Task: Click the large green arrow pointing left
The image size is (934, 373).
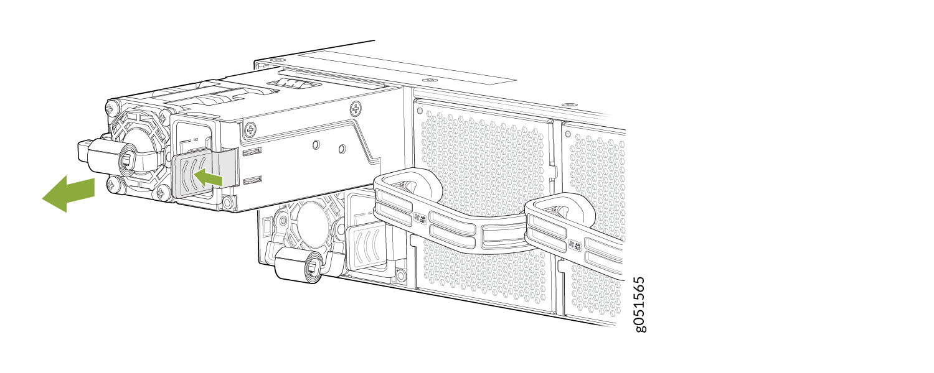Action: pos(67,193)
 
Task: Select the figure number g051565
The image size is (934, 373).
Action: pos(639,304)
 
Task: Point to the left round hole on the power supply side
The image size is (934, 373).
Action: pos(316,145)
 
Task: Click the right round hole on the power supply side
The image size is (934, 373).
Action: pos(341,149)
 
